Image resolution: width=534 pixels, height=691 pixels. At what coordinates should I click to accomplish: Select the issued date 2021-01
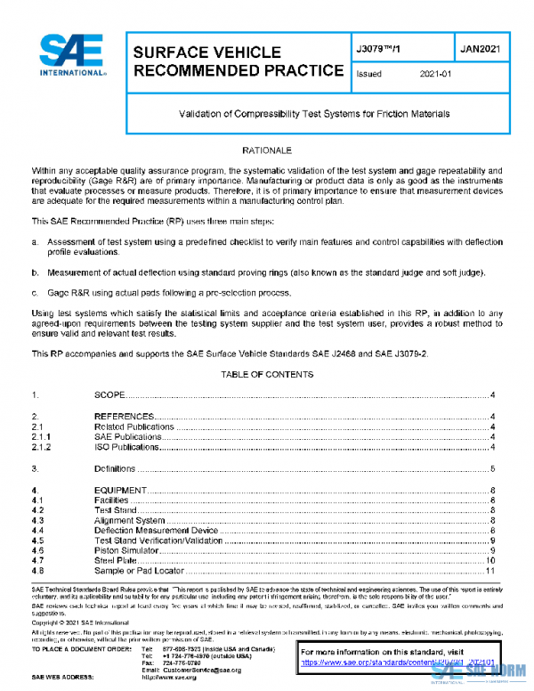tap(436, 75)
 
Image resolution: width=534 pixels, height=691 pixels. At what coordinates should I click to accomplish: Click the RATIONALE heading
tap(267, 151)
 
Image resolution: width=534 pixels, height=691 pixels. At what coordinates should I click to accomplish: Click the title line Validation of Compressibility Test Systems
tap(314, 114)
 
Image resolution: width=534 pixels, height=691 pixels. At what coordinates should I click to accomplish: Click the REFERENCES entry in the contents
tap(124, 417)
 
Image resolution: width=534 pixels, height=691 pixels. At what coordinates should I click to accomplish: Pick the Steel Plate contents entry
tap(116, 560)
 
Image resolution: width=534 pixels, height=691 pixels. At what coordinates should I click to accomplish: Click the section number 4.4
tap(38, 531)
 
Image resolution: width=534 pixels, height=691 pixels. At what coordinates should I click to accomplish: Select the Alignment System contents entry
tap(130, 520)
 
